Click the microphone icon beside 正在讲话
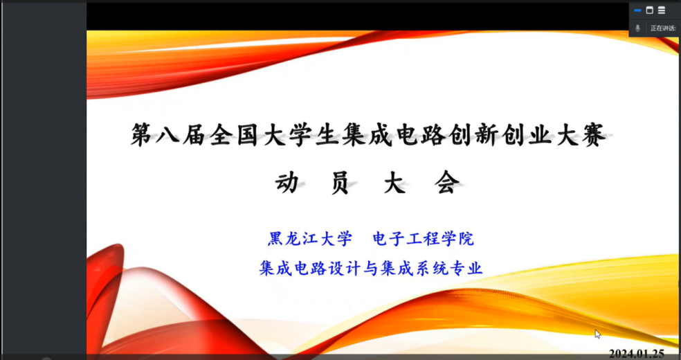point(637,28)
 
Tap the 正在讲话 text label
point(663,28)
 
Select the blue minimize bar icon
point(637,10)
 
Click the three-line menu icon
point(662,10)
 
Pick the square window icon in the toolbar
point(650,10)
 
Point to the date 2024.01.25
point(637,354)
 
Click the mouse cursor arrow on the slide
point(598,334)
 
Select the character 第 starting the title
point(142,136)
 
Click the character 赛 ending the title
point(593,135)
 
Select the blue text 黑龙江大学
point(310,240)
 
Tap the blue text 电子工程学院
point(424,240)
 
